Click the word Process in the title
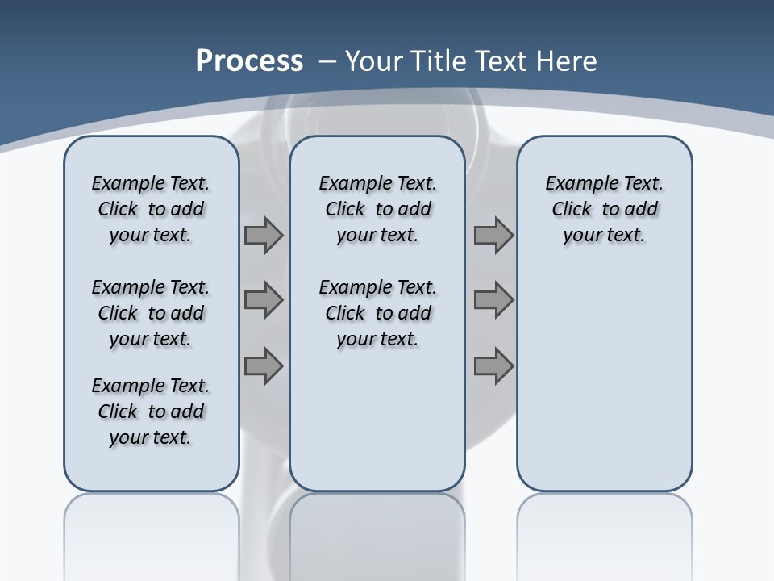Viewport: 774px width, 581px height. [x=249, y=61]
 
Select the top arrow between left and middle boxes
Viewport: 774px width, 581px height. [x=264, y=236]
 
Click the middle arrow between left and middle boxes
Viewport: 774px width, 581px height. [x=264, y=300]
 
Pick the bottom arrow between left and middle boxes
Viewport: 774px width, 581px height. [x=264, y=366]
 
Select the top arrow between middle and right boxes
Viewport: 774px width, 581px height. [x=493, y=236]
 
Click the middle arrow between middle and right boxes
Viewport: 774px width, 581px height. [x=493, y=300]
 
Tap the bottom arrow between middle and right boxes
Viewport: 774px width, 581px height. [x=493, y=366]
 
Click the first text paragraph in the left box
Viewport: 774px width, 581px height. [x=151, y=209]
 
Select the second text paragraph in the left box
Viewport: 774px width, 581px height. [x=151, y=313]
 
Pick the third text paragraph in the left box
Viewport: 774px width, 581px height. [x=151, y=412]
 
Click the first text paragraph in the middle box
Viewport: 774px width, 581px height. [x=378, y=209]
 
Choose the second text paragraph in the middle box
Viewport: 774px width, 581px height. [x=378, y=313]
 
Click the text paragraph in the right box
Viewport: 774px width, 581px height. [x=605, y=209]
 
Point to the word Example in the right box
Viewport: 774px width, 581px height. [x=575, y=184]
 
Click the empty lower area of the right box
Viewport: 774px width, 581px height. [x=605, y=379]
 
